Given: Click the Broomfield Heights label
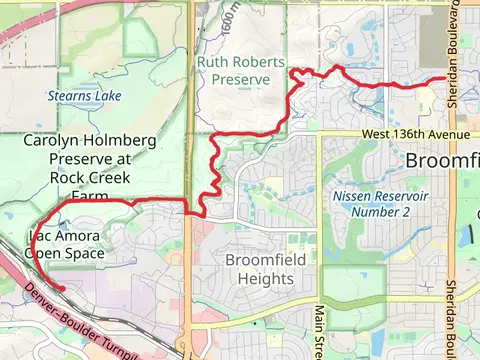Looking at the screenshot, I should pyautogui.click(x=245, y=268).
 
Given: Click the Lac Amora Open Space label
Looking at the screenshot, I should pyautogui.click(x=64, y=246).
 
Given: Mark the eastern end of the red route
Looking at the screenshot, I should pyautogui.click(x=445, y=78).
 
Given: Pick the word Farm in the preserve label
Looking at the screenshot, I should pyautogui.click(x=90, y=197).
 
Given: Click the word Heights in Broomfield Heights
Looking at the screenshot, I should pyautogui.click(x=245, y=278).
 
